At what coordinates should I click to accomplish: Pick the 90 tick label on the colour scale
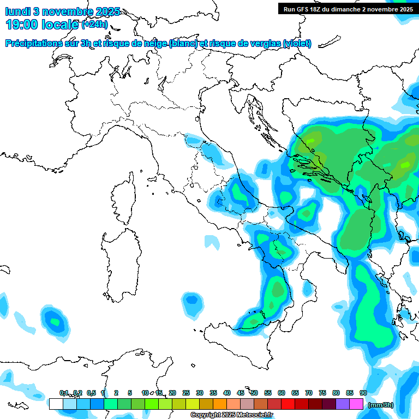(363, 393)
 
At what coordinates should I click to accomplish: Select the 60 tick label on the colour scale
(281, 393)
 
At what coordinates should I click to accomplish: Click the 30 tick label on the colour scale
(199, 393)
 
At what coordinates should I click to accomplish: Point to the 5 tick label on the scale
(130, 393)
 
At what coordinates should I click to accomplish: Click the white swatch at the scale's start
(56, 404)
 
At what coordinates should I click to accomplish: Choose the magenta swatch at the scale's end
(356, 404)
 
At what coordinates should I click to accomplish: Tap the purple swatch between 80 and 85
(343, 404)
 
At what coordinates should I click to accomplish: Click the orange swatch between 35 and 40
(219, 404)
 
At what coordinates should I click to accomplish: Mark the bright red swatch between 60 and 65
(288, 404)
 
